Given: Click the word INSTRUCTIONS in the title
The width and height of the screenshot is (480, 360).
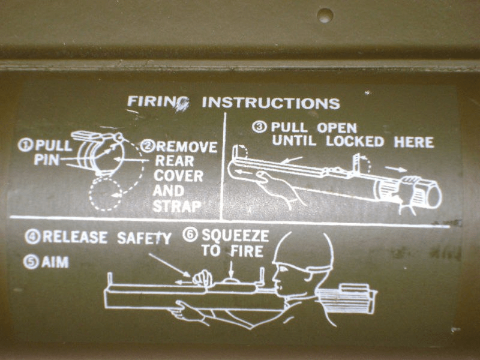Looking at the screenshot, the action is click(x=271, y=103).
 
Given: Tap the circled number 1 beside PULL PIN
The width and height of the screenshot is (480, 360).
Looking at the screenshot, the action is click(x=25, y=145).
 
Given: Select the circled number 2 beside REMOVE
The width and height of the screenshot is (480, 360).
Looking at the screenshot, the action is click(x=148, y=146).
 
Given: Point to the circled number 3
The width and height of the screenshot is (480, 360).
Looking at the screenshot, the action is click(x=260, y=127).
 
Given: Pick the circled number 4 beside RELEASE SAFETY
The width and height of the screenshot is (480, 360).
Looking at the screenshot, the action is click(x=32, y=236).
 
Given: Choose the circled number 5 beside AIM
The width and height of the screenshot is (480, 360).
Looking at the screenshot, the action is click(x=31, y=262).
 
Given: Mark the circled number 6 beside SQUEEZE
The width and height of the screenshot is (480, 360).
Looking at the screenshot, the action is click(x=190, y=235).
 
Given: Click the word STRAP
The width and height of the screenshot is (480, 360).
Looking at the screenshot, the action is click(x=177, y=206).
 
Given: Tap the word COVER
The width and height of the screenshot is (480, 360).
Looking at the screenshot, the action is click(x=179, y=176).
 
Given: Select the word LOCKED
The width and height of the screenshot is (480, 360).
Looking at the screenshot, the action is click(x=355, y=142).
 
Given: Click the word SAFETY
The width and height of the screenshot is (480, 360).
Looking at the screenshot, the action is click(x=145, y=238).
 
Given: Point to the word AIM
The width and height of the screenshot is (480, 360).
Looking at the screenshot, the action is click(x=55, y=262).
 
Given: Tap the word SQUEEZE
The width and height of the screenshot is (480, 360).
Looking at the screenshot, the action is click(x=235, y=235).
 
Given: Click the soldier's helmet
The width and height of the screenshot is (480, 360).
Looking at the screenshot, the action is click(x=303, y=250).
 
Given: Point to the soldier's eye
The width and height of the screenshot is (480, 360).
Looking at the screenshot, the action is click(x=283, y=269).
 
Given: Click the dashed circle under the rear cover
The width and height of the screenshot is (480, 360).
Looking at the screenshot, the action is click(x=106, y=194).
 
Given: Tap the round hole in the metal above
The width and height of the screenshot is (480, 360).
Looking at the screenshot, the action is click(x=325, y=16).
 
